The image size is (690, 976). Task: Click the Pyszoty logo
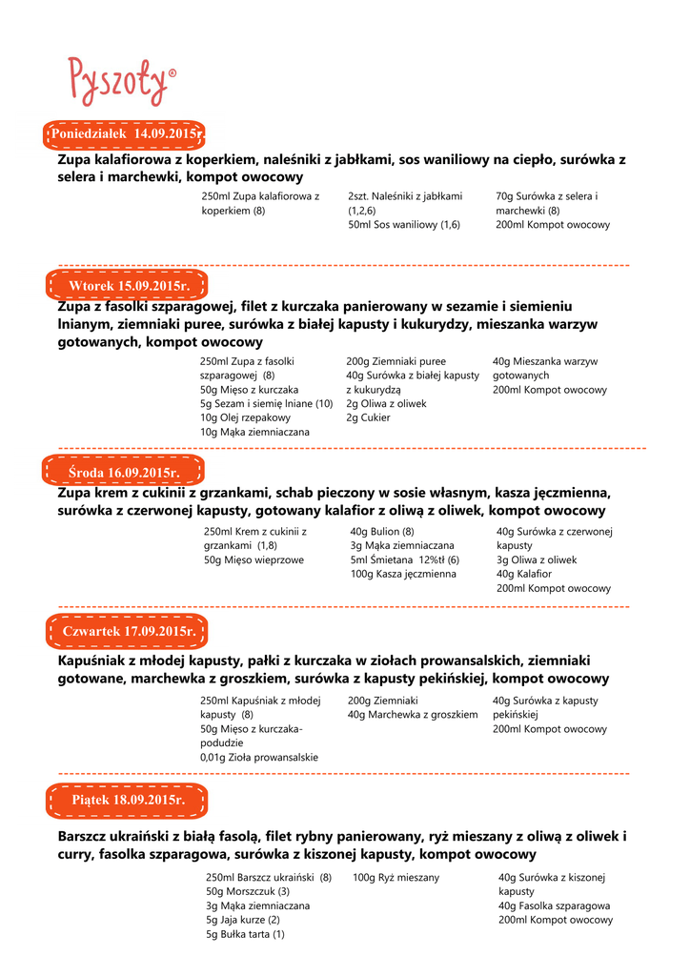(121, 80)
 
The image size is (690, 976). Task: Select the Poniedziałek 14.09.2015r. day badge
(127, 134)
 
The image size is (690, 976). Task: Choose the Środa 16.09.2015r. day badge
(124, 473)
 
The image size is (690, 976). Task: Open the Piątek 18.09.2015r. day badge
(128, 800)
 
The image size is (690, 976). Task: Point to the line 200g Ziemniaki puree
(396, 362)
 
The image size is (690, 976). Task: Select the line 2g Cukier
(368, 417)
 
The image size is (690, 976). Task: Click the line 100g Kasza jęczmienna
(403, 574)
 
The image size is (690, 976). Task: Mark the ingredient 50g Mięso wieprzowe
(254, 560)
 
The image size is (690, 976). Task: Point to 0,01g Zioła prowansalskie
(259, 757)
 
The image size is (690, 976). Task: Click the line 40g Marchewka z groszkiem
(412, 714)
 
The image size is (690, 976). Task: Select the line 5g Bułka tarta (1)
(245, 935)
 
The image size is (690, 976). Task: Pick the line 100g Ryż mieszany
(396, 877)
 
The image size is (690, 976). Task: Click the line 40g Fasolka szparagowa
(554, 905)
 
